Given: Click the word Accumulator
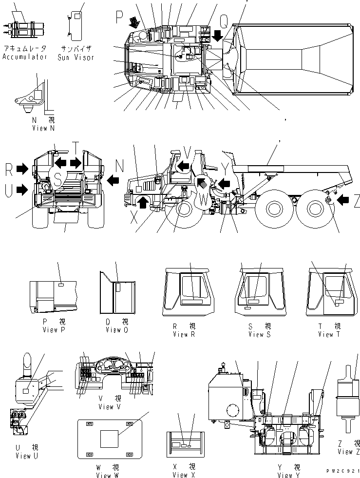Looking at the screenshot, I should point(24,57).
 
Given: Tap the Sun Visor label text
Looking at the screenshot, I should point(76,57).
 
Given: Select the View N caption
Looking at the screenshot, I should point(47,128).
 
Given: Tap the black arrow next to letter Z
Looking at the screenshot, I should point(343,199).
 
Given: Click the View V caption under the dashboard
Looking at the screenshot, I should point(106,406).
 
